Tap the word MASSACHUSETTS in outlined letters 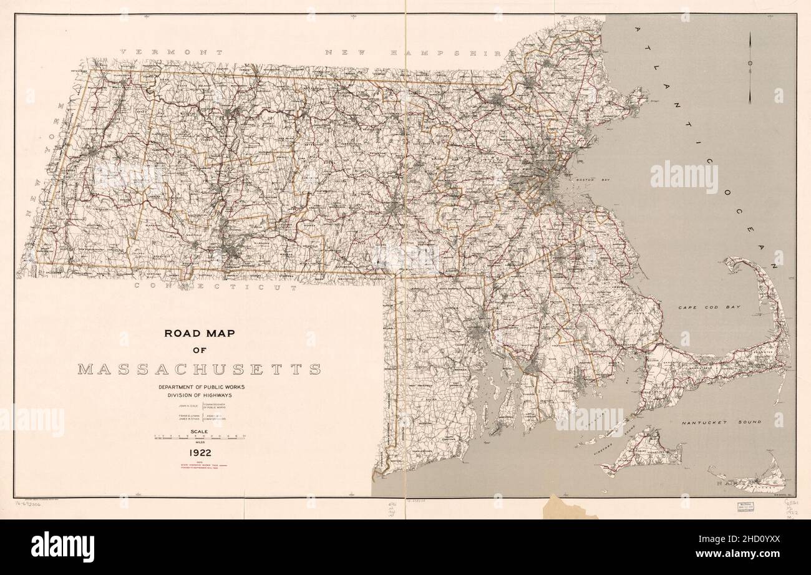pos(199,369)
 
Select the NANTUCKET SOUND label pos(721,423)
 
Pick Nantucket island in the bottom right pos(755,481)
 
